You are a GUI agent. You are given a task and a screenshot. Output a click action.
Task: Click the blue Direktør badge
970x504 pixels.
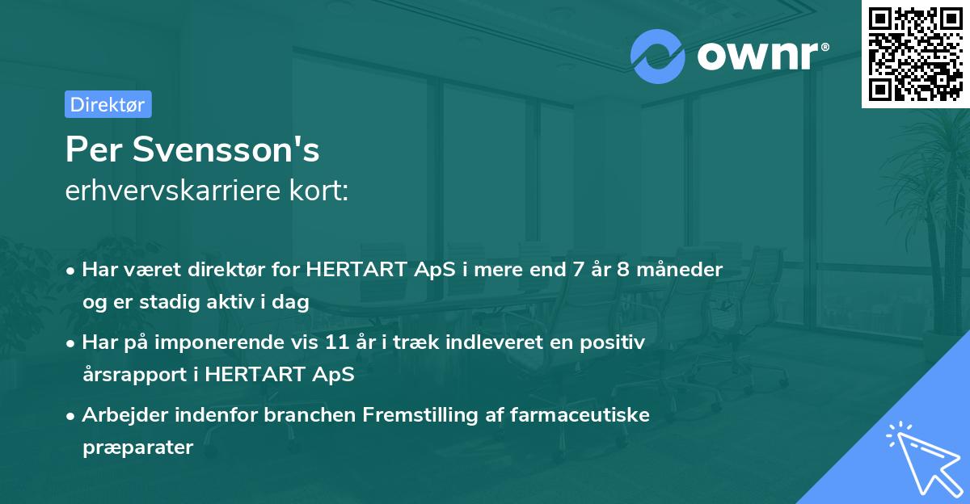click(x=108, y=104)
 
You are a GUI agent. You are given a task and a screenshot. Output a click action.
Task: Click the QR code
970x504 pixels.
click(x=914, y=53)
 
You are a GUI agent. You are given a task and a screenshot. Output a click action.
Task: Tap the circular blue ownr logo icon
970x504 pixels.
click(x=658, y=57)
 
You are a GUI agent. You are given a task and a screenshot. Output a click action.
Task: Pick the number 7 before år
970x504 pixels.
click(x=578, y=270)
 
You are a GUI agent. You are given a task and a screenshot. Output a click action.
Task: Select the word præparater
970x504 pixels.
click(x=137, y=447)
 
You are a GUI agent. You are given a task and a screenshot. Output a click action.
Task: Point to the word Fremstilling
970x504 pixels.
click(x=413, y=415)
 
